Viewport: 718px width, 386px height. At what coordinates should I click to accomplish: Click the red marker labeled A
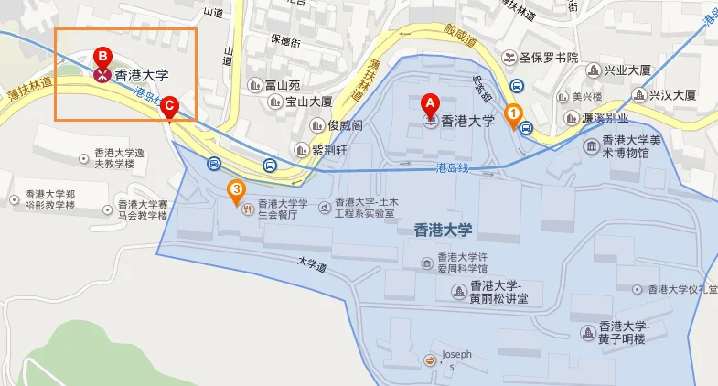pyautogui.click(x=430, y=103)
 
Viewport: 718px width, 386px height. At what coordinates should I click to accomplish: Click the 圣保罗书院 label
pyautogui.click(x=549, y=57)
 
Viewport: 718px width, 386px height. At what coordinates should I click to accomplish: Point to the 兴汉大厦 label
pyautogui.click(x=672, y=94)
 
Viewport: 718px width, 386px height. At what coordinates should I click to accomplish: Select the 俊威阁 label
pyautogui.click(x=346, y=125)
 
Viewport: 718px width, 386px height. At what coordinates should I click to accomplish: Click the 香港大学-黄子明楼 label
pyautogui.click(x=623, y=332)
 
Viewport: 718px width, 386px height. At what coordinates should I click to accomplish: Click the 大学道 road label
pyautogui.click(x=311, y=264)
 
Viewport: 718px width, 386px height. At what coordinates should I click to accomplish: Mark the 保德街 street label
pyautogui.click(x=285, y=41)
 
